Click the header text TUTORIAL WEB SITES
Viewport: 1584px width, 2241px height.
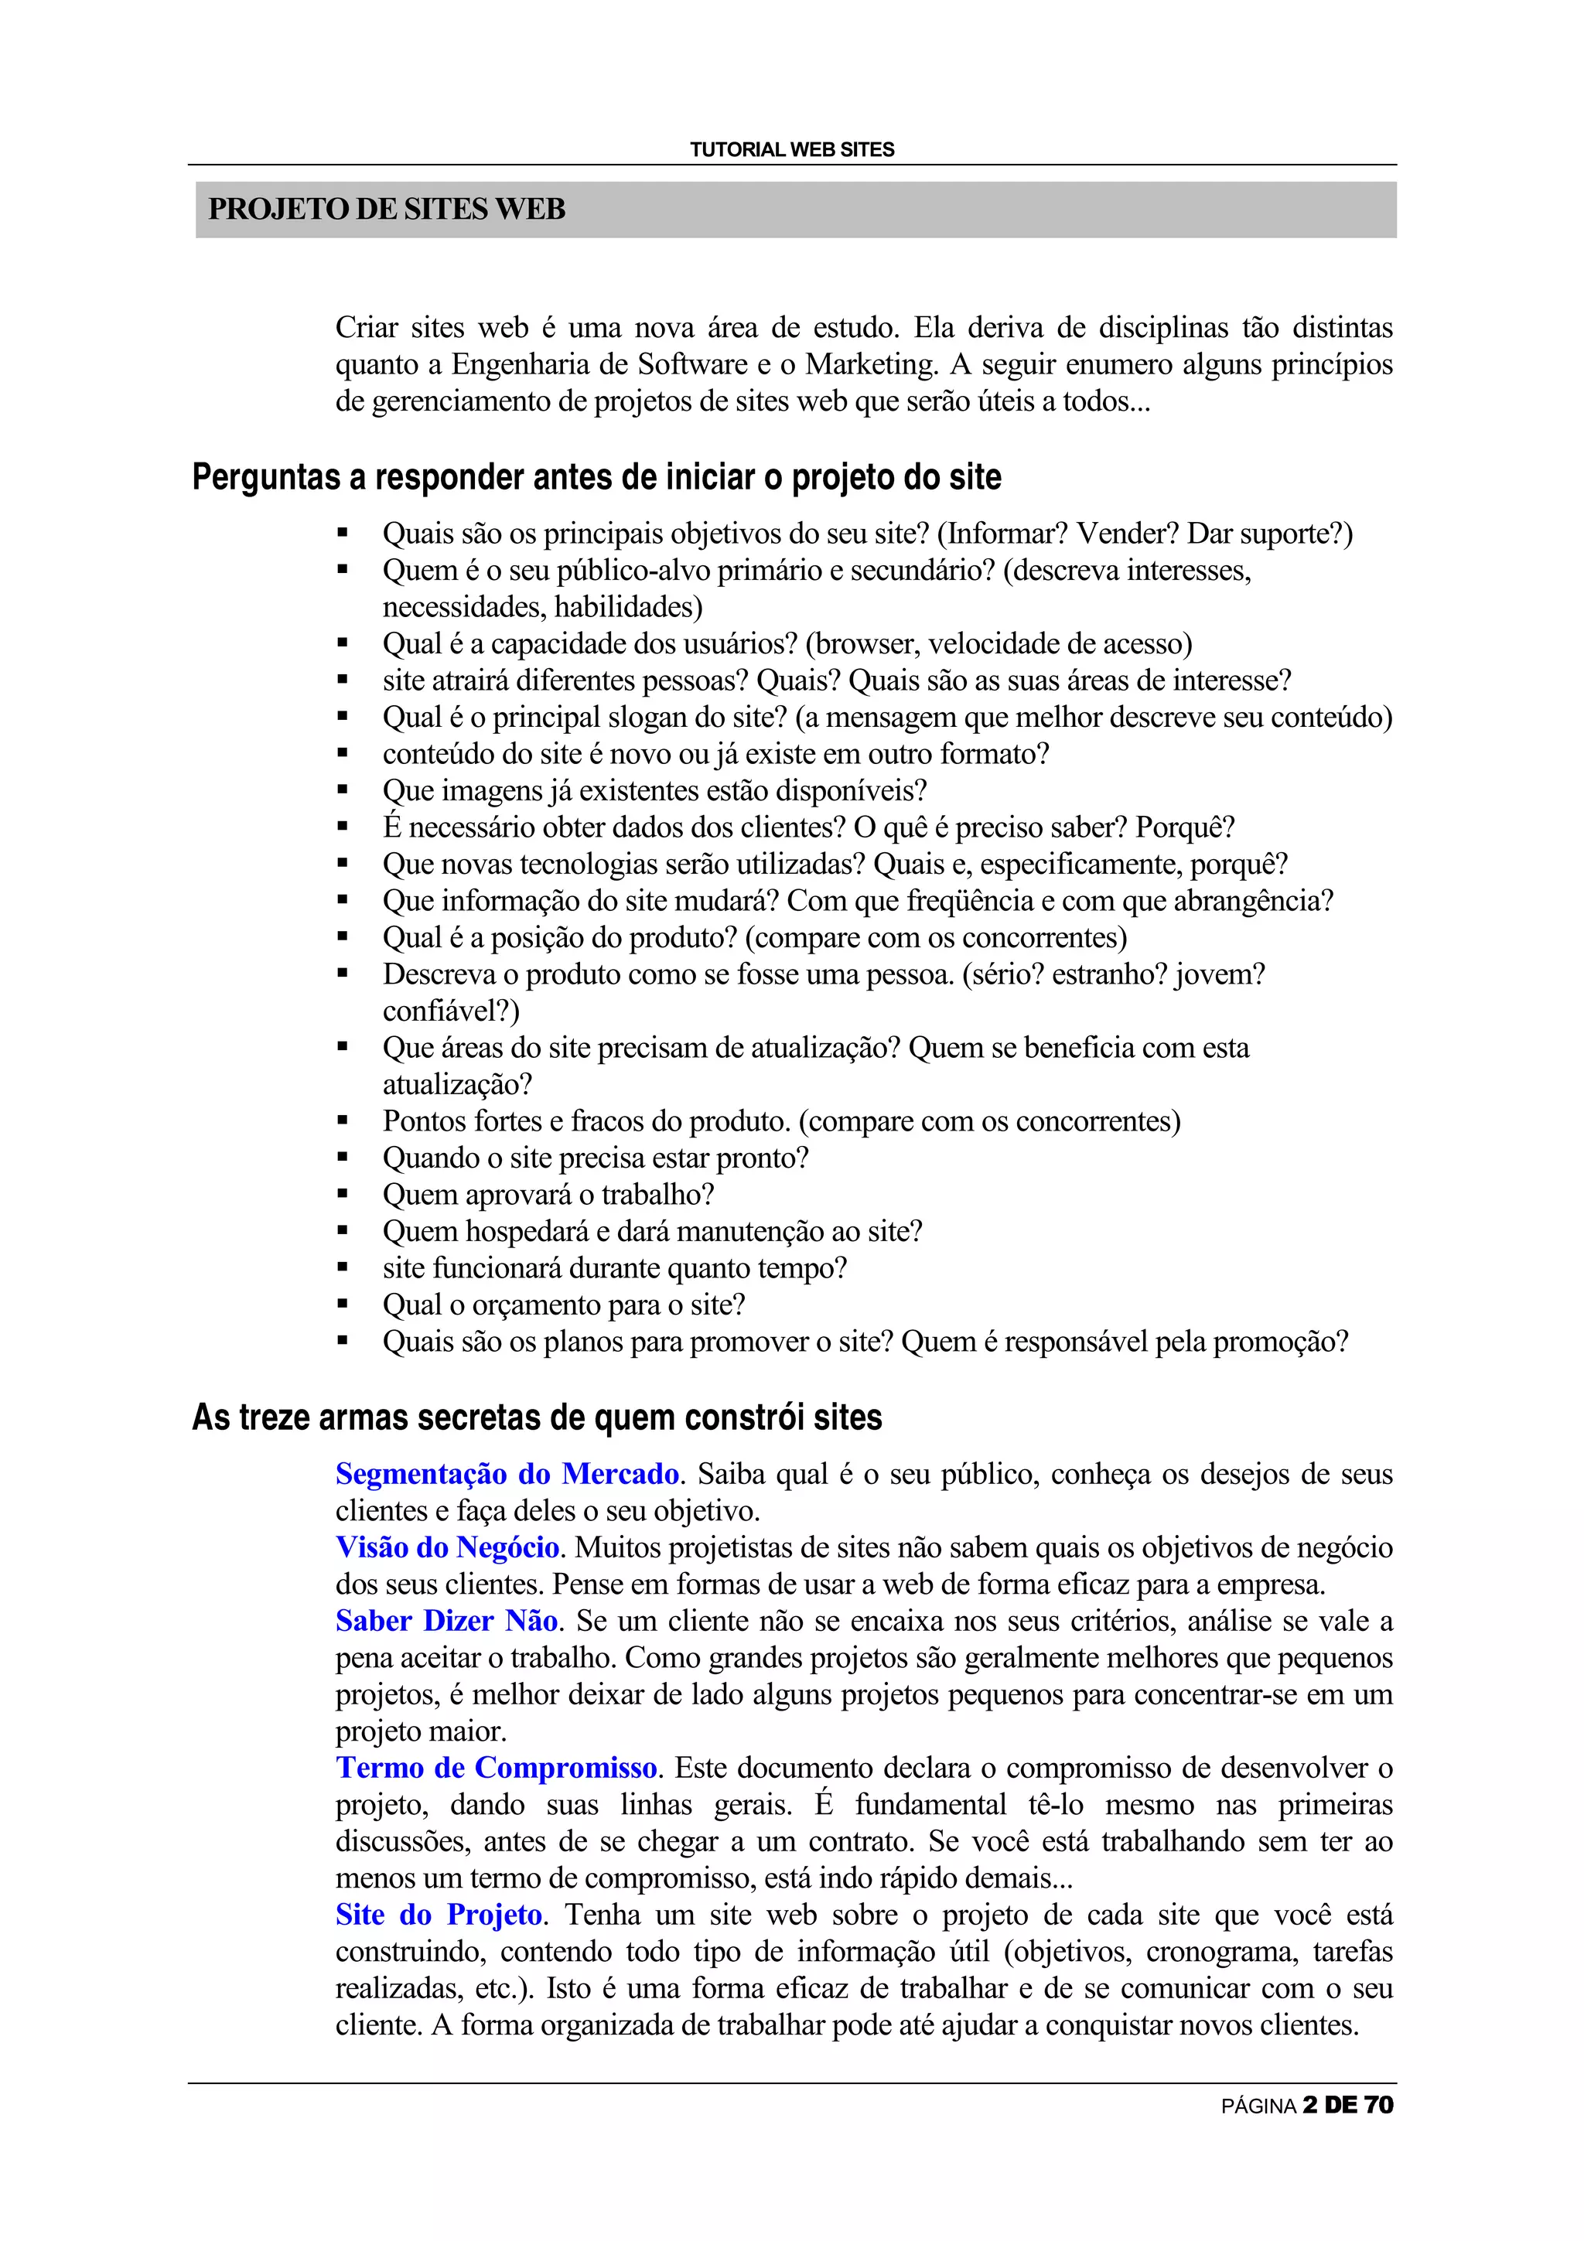click(791, 149)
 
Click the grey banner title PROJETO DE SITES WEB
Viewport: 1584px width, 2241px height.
click(387, 209)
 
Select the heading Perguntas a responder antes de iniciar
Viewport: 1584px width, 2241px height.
click(596, 477)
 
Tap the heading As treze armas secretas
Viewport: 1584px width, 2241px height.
click(537, 1417)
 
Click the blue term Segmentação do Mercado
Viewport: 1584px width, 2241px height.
click(507, 1474)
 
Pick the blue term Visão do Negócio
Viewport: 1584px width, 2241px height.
click(447, 1547)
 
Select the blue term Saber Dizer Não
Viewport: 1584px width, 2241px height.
click(446, 1622)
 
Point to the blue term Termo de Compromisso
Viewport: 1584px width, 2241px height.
click(497, 1768)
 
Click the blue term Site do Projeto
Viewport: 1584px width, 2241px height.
click(439, 1915)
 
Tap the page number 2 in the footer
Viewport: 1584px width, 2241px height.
click(1309, 2106)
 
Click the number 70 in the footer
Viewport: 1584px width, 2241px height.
click(1378, 2106)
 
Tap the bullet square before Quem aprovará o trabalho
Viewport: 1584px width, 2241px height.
click(343, 1195)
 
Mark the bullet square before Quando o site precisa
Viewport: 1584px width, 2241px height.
click(343, 1158)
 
